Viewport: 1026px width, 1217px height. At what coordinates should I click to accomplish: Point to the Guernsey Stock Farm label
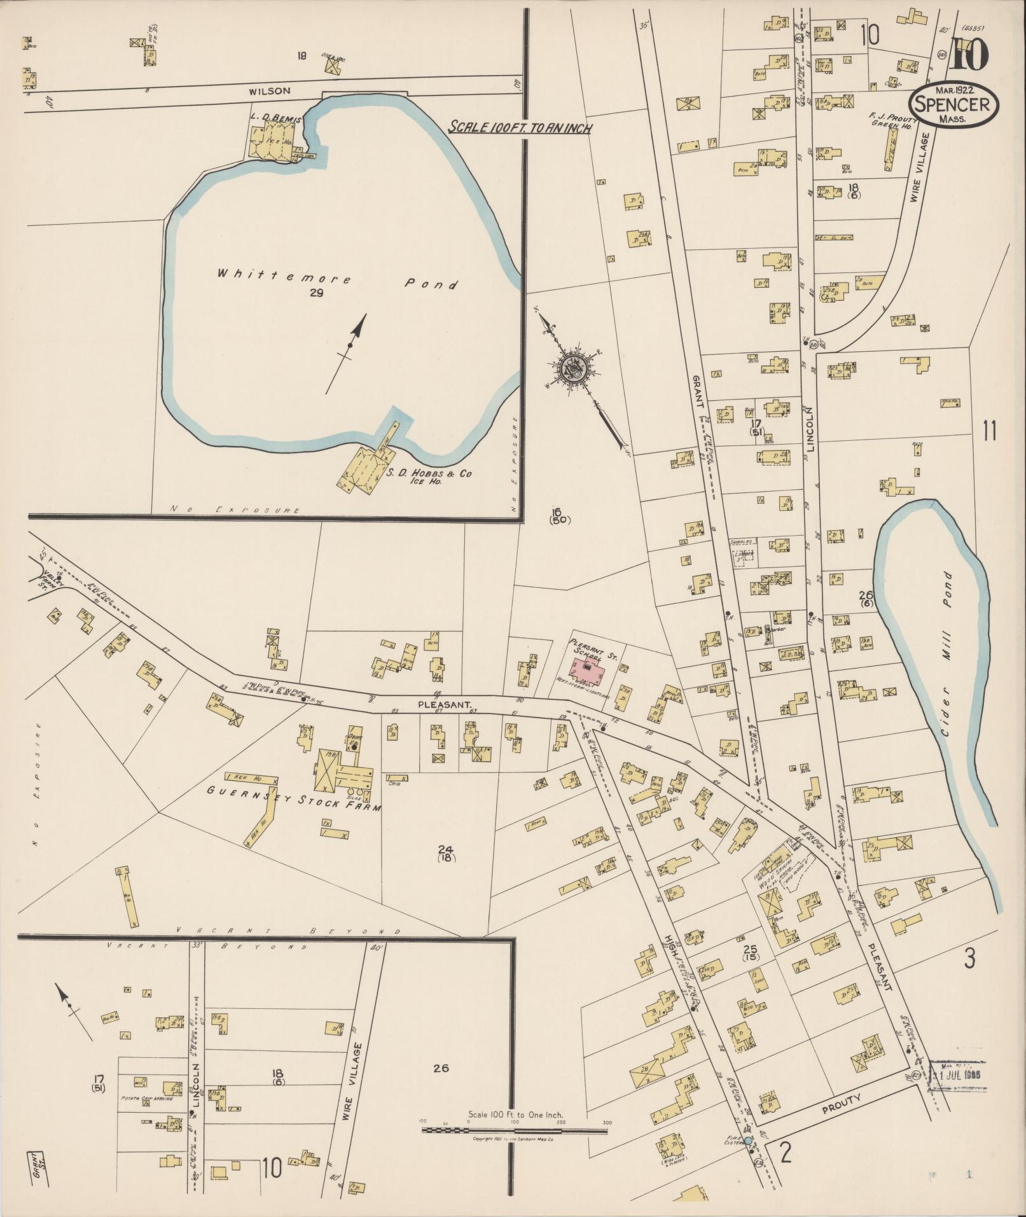293,799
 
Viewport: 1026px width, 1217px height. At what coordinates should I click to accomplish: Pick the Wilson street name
274,91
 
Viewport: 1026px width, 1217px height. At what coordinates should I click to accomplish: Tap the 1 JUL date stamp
956,1074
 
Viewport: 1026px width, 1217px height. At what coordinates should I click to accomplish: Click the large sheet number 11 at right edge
988,431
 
